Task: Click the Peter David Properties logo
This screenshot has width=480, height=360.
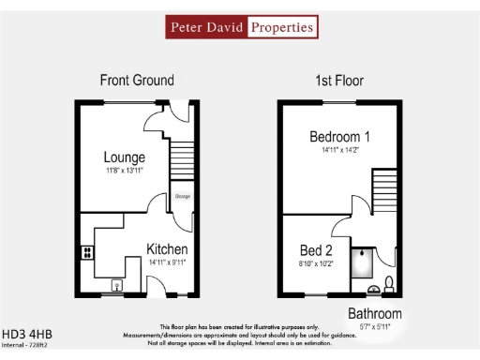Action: click(x=241, y=27)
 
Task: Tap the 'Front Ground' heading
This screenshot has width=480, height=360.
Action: click(x=138, y=81)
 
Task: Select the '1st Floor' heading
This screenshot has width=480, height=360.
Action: click(x=339, y=81)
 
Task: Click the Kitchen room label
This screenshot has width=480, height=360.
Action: click(x=167, y=249)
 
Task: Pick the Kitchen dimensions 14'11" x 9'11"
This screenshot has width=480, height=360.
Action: click(x=167, y=263)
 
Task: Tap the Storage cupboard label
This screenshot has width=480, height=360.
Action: click(x=181, y=198)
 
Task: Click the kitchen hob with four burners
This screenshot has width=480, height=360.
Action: click(x=87, y=250)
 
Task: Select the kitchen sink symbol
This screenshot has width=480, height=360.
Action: click(x=117, y=286)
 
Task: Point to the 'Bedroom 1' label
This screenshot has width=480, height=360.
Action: click(x=338, y=137)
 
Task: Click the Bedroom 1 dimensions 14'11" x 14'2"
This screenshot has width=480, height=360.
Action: click(x=338, y=150)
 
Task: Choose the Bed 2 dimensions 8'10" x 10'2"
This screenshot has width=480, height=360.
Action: click(x=316, y=263)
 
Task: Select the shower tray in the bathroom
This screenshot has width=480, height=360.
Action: click(x=364, y=262)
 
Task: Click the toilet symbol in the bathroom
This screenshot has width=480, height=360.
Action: click(x=388, y=285)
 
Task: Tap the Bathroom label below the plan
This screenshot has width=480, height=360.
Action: click(x=375, y=313)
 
